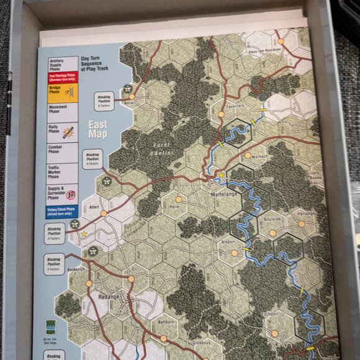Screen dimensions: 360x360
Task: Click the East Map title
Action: pos(98,128)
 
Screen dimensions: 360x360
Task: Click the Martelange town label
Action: pos(223,195)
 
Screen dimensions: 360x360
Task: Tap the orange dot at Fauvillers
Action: pos(220,114)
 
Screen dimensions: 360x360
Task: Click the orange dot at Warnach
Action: pos(248,156)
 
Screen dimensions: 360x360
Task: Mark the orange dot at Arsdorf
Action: pos(234,253)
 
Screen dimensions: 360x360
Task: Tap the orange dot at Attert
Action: pos(104,214)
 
